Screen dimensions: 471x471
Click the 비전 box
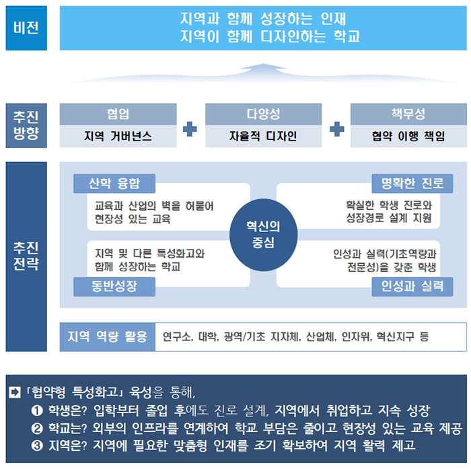coord(26,28)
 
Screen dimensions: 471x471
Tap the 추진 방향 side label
coord(26,126)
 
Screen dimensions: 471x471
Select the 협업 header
coord(118,114)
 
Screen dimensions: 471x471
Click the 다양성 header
coord(264,114)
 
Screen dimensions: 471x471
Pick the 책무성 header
coord(408,114)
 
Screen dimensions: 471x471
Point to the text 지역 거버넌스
coord(118,137)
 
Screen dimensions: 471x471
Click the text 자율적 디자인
coord(263,137)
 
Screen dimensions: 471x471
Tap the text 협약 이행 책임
coord(408,137)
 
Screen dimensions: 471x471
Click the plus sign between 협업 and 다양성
coord(190,129)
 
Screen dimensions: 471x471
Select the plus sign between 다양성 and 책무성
coord(337,129)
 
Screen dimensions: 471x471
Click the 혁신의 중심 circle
coord(264,235)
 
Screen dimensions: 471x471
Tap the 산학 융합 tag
coord(114,183)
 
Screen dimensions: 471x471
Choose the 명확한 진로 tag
coord(412,183)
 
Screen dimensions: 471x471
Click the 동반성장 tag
coord(114,287)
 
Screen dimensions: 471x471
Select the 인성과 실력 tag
coord(412,287)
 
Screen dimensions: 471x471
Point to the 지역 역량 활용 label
coord(108,336)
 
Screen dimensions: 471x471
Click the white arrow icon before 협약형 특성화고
coord(15,392)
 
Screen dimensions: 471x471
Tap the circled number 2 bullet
coord(37,429)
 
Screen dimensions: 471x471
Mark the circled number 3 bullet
coord(37,445)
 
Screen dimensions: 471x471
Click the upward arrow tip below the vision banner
coord(264,63)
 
